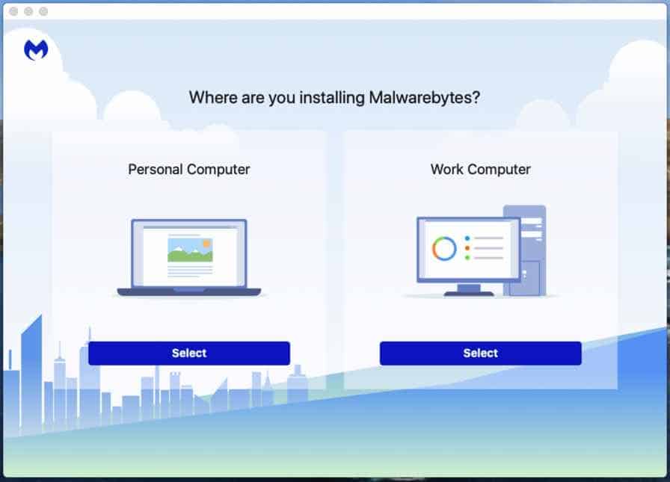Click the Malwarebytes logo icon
[x=36, y=50]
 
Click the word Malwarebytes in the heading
[x=424, y=98]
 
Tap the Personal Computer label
[x=189, y=170]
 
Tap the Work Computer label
[x=480, y=170]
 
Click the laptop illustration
[x=189, y=257]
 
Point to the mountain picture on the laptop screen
[x=190, y=250]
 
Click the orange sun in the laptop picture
[x=207, y=243]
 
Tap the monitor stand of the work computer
[x=469, y=290]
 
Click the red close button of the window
[x=13, y=11]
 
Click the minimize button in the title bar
[x=28, y=11]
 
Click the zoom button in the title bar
[x=43, y=11]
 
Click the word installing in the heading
[x=332, y=98]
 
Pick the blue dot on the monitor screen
[x=467, y=238]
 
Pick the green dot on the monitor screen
[x=467, y=257]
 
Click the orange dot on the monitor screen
[x=467, y=248]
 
